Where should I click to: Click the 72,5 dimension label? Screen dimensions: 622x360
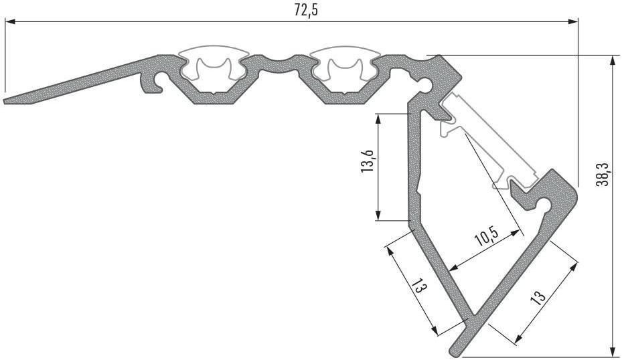click(306, 10)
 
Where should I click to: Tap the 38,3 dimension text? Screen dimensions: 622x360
click(604, 174)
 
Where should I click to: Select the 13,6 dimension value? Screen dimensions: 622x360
click(368, 161)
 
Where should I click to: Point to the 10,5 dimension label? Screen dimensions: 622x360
click(487, 238)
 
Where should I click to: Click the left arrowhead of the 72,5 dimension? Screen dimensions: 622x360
click(9, 21)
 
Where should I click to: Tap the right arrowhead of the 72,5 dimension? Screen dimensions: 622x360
click(573, 21)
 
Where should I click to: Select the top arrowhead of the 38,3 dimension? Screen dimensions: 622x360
click(613, 60)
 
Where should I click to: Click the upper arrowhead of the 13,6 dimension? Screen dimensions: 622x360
click(379, 119)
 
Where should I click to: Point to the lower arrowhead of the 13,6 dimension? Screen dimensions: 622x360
click(379, 215)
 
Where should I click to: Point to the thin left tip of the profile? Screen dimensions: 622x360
click(5, 100)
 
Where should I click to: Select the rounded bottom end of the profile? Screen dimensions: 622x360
click(455, 351)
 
